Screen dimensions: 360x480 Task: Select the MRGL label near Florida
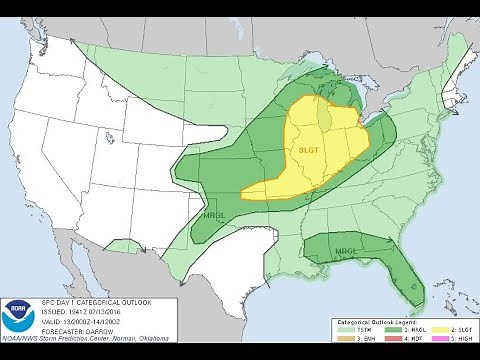[346, 250]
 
